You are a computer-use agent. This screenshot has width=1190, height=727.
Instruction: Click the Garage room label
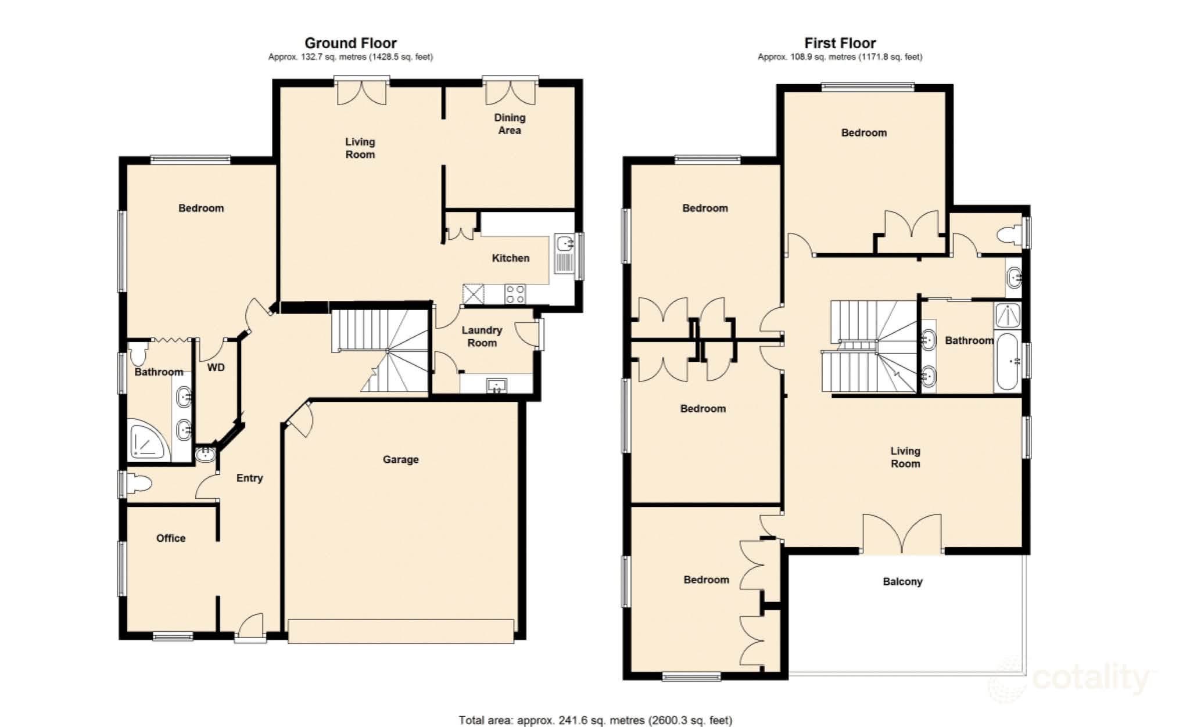click(x=400, y=459)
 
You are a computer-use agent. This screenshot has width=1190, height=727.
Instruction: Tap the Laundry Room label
click(x=482, y=336)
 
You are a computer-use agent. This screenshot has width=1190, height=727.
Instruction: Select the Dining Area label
click(x=510, y=124)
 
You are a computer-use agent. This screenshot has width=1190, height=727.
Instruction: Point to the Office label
click(x=171, y=538)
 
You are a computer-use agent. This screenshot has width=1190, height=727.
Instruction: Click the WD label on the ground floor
click(x=216, y=368)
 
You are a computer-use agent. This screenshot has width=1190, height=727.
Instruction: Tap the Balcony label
click(x=902, y=581)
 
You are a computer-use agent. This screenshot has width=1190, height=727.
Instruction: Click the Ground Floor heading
click(x=350, y=43)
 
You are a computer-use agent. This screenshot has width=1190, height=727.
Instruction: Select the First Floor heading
click(x=840, y=43)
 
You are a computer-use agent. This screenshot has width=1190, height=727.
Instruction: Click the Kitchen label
click(x=511, y=258)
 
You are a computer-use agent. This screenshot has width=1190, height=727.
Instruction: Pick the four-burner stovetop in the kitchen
click(x=515, y=294)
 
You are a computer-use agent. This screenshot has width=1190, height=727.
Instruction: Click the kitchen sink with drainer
click(x=564, y=253)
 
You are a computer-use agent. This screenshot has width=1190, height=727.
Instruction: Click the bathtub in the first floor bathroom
click(x=1007, y=361)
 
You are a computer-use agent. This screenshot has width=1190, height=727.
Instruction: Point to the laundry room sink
click(x=497, y=385)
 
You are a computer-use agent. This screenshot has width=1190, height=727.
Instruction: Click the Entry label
click(x=249, y=478)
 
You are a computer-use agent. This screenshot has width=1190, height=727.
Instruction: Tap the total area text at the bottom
click(x=595, y=720)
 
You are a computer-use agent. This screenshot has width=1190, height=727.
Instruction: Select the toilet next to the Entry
click(x=139, y=483)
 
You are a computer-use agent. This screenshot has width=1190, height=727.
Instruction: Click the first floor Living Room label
click(x=905, y=457)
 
